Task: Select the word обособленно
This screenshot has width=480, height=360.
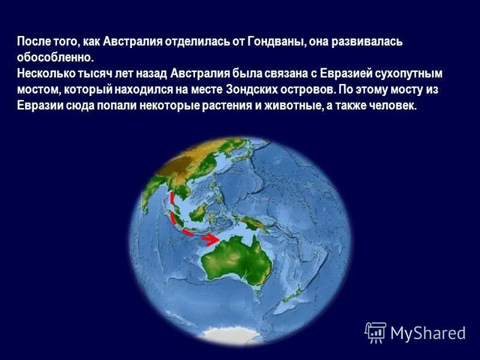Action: point(56,58)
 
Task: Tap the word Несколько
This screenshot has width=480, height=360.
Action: point(47,74)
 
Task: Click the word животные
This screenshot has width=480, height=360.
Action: point(284,105)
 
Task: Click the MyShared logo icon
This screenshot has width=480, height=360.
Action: point(376,332)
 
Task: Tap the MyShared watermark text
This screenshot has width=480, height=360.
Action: point(428,332)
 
